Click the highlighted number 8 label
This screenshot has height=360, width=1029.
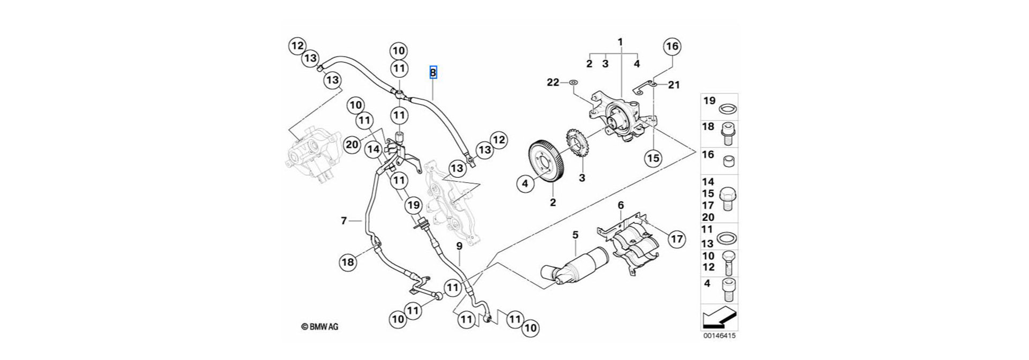[x=433, y=72]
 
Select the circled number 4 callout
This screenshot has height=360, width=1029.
[x=525, y=184]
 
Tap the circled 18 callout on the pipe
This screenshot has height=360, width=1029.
[x=347, y=262]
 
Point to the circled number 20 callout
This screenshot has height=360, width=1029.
[x=352, y=145]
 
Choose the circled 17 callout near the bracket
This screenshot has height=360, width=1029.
[x=677, y=238]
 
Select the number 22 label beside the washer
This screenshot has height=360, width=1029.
[x=553, y=82]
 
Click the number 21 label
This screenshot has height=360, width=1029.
[x=674, y=85]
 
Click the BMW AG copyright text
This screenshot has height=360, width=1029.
[x=319, y=327]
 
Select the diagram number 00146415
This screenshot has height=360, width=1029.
[x=719, y=337]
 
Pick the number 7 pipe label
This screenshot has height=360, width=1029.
[x=344, y=220]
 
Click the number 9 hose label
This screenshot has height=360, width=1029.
[x=459, y=246]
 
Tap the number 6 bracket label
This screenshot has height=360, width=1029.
[x=621, y=205]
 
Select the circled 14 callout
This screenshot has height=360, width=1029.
[x=373, y=151]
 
